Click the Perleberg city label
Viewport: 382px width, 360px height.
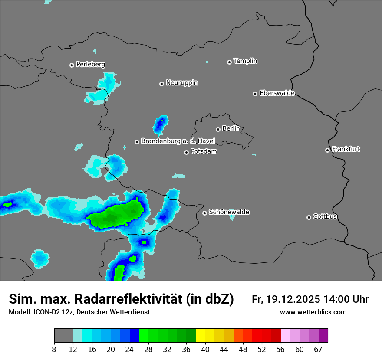click(x=90, y=65)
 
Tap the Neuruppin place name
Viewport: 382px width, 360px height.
click(x=181, y=83)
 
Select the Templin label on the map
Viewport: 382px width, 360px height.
click(x=245, y=61)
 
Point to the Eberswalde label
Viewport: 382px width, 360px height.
click(x=277, y=93)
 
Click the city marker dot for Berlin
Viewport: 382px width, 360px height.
click(x=218, y=129)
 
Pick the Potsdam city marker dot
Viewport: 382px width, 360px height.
click(x=186, y=152)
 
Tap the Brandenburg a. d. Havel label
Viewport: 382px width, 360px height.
click(x=178, y=141)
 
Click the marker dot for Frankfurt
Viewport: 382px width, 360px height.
click(x=327, y=150)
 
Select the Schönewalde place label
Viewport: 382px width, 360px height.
click(x=229, y=212)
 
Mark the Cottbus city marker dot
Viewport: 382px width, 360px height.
click(x=309, y=217)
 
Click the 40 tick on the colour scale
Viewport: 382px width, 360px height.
click(x=205, y=349)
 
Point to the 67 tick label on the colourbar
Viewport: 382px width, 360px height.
click(x=318, y=349)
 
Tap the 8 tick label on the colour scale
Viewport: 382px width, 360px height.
click(x=54, y=349)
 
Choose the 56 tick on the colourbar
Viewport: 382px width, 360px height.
click(x=281, y=349)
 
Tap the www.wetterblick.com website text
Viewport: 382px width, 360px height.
click(x=313, y=312)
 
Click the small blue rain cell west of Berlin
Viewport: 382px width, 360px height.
click(x=160, y=125)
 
